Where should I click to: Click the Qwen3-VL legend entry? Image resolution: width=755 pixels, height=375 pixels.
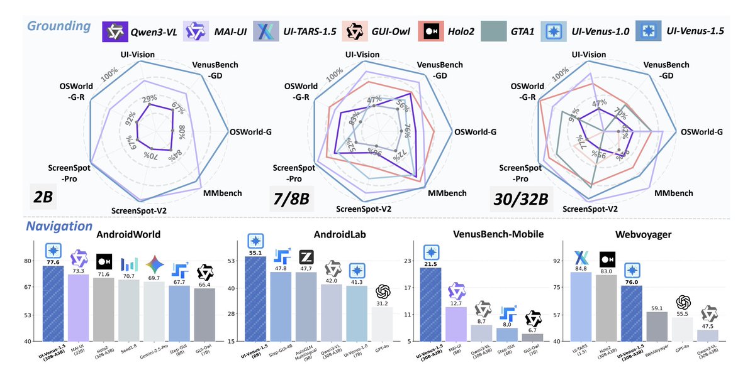(142, 31)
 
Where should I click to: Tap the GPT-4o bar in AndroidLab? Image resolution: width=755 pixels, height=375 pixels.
(383, 323)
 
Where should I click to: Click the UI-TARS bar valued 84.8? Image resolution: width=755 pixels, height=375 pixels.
(580, 306)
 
